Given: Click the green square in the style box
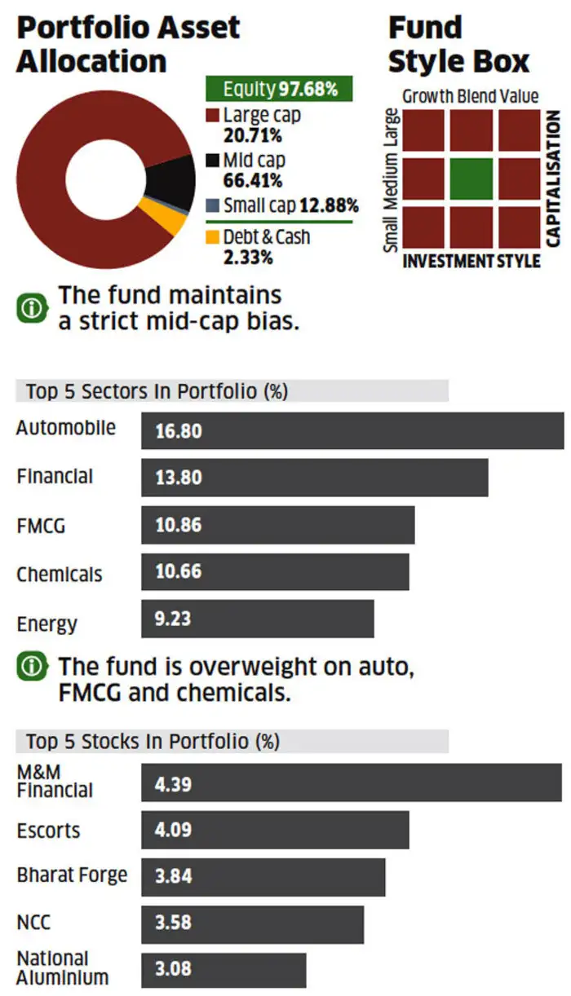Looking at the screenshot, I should [x=471, y=179].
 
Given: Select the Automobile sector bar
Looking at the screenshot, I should [x=352, y=430].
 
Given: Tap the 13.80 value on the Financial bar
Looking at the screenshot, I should [x=179, y=478].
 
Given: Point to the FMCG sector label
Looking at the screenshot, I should [x=41, y=526].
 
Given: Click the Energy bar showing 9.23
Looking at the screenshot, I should [x=257, y=619].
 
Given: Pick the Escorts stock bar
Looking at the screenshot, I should [x=275, y=831].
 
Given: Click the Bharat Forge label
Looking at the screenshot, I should [x=72, y=875].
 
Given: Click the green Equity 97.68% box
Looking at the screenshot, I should [x=278, y=88].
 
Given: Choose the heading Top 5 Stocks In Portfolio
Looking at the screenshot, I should [x=153, y=742].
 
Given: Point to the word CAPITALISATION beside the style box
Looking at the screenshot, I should [x=553, y=179].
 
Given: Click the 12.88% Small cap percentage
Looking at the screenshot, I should [x=329, y=205].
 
